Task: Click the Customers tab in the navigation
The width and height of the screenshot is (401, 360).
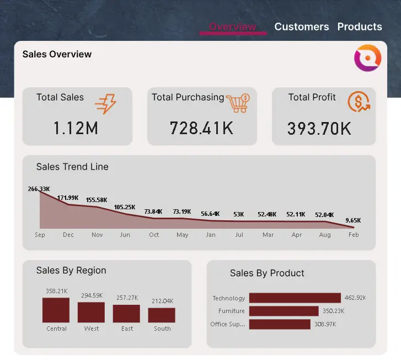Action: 301,27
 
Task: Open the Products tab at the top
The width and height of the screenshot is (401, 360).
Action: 360,27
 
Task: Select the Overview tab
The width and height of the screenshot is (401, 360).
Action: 232,27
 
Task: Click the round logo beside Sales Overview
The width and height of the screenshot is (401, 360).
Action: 367,59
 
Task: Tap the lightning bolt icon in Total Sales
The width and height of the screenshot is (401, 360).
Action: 105,103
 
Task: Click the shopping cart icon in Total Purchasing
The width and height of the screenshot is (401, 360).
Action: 238,102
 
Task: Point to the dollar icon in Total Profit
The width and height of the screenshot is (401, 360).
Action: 359,102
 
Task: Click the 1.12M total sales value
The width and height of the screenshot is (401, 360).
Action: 76,128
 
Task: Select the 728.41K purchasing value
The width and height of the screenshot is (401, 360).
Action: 201,128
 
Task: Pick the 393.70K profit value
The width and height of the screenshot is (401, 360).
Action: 319,129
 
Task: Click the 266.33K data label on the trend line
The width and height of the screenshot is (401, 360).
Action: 39,189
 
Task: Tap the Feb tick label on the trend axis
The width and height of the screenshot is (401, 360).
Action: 354,235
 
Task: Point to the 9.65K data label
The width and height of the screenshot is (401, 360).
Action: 353,220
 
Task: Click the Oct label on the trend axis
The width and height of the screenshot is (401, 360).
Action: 154,235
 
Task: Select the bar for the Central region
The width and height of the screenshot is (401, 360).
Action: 56,310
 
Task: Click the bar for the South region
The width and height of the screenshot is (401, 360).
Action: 162,315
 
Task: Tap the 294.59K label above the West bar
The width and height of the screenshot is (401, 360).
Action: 91,295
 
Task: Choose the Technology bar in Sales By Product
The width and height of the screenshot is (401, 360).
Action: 295,298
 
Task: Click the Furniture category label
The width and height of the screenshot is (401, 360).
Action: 231,311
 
